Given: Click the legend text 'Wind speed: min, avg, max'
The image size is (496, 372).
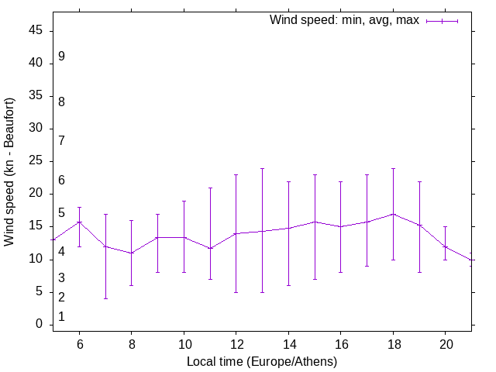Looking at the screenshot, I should (344, 20).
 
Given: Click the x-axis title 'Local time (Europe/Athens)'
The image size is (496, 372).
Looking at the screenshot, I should (262, 362).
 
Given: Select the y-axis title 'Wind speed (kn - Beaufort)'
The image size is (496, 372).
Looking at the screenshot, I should (10, 172).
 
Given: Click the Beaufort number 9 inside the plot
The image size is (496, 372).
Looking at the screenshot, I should (61, 57).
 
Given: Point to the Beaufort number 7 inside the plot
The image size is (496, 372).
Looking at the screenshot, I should (61, 140).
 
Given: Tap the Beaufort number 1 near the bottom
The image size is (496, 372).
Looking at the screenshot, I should (61, 317).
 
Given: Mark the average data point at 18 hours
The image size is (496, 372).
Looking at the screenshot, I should (393, 214).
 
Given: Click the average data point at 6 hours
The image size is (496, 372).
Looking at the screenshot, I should (79, 222).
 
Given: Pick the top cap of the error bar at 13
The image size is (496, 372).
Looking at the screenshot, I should (262, 168).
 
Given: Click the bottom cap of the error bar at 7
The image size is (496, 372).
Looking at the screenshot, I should (105, 298).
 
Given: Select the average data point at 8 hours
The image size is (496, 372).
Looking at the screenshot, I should (132, 253).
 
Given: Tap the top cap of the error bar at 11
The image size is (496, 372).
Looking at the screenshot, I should (210, 188).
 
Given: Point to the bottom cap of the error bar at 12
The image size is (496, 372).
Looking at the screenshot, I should (236, 292).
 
